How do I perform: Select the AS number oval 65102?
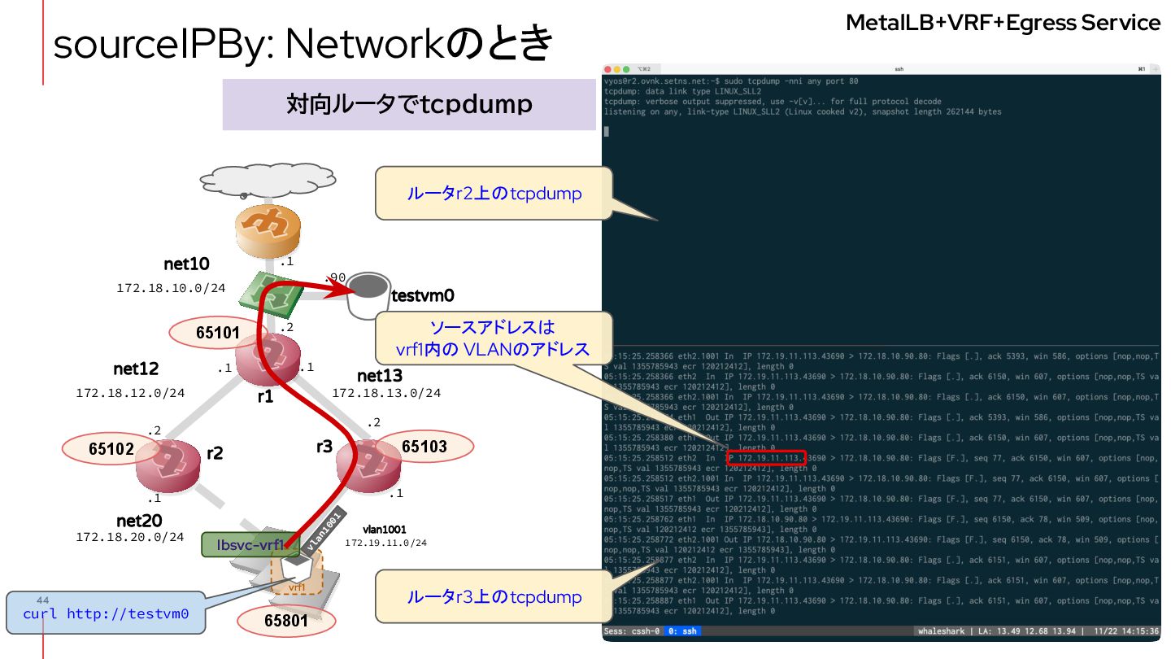111,448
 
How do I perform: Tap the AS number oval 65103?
424,447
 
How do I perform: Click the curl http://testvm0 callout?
106,613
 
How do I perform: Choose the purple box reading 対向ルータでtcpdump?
409,104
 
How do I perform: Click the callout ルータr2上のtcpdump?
494,194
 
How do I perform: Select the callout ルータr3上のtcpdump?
494,597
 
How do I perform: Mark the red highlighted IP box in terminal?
766,459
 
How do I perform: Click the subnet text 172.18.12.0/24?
130,393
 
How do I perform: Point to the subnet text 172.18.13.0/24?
386,393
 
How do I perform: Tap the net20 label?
139,521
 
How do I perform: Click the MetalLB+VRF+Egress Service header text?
1003,23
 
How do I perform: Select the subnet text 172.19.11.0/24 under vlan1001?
385,543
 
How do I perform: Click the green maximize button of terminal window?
627,69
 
